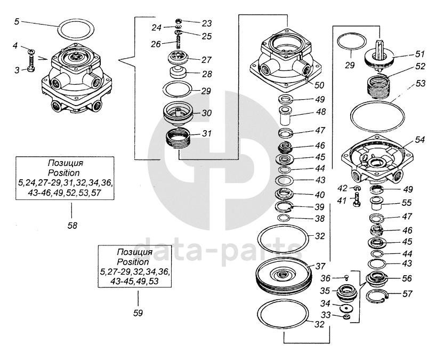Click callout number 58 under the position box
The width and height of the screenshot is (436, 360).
tap(72, 226)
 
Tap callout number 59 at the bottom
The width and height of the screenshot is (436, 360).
tap(138, 313)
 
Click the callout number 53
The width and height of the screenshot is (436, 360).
tap(421, 84)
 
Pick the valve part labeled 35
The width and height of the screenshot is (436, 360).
tap(347, 292)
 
